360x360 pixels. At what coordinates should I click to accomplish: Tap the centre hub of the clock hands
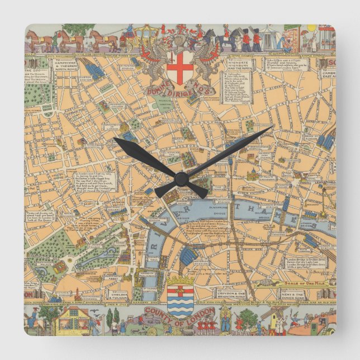click(181, 179)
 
